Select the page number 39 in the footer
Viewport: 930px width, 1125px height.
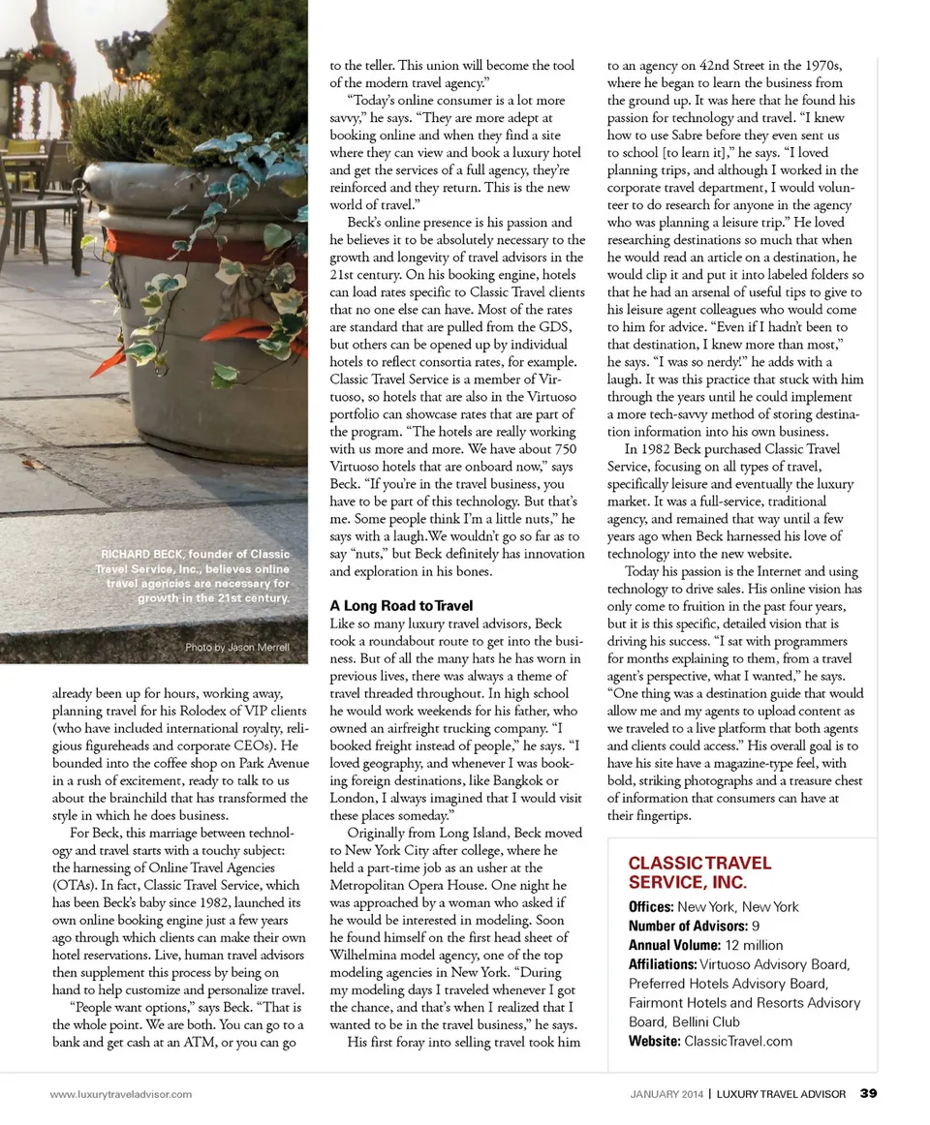coord(868,1094)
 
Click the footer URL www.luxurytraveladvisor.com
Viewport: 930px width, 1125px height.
coord(121,1094)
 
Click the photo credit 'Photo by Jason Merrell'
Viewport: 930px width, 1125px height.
coord(236,647)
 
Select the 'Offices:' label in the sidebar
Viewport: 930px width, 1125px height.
coord(651,907)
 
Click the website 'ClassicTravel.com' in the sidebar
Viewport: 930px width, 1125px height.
coord(738,1041)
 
